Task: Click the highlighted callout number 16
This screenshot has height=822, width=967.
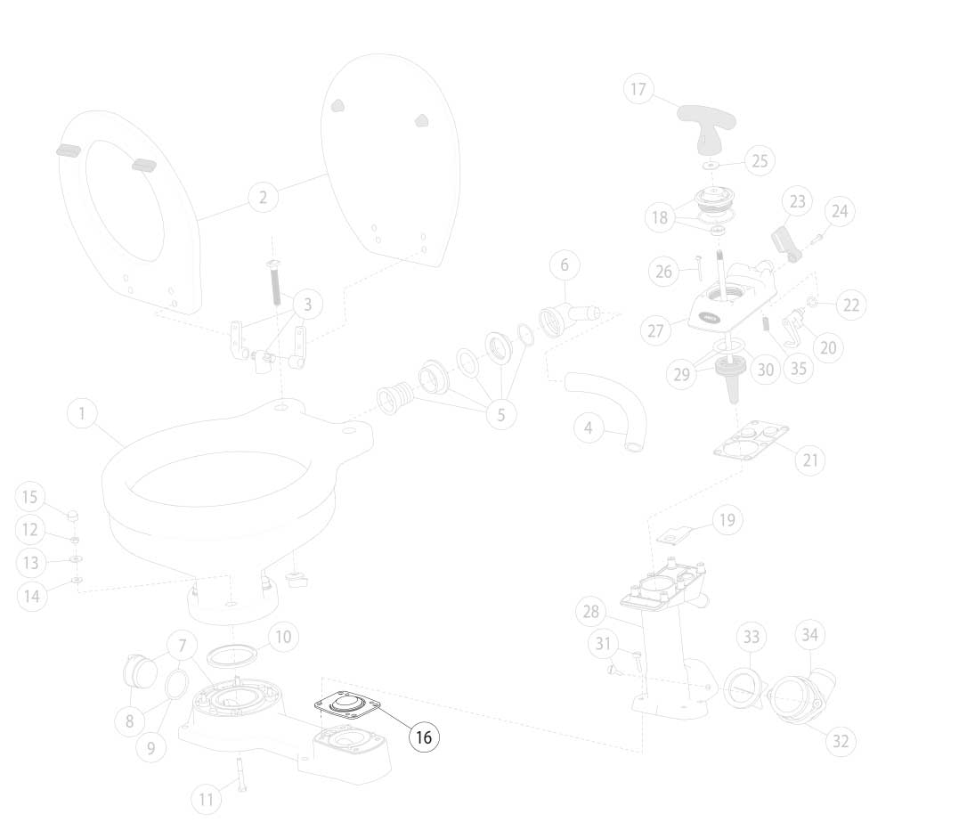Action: pyautogui.click(x=425, y=737)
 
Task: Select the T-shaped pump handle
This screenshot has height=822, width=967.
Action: pyautogui.click(x=708, y=126)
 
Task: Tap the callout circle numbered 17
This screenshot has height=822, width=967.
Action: pyautogui.click(x=638, y=89)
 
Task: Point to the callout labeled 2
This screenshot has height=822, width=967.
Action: pyautogui.click(x=264, y=198)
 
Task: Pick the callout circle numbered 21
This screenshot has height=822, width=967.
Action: pyautogui.click(x=810, y=460)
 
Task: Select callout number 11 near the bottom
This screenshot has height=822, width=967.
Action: pyautogui.click(x=206, y=799)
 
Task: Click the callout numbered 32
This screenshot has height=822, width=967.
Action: pyautogui.click(x=841, y=741)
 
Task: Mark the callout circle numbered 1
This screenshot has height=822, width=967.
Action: pyautogui.click(x=82, y=413)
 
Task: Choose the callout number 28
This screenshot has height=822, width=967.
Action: pyautogui.click(x=591, y=611)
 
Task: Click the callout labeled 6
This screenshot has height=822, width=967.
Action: pyautogui.click(x=565, y=265)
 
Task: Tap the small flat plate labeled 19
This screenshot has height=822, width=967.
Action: pyautogui.click(x=675, y=534)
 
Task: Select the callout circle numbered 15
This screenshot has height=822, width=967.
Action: pyautogui.click(x=29, y=497)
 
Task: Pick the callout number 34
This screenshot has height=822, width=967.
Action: pyautogui.click(x=809, y=634)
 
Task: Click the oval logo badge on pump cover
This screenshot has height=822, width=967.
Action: pyautogui.click(x=708, y=320)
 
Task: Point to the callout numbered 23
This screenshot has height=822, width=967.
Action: pyautogui.click(x=798, y=201)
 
